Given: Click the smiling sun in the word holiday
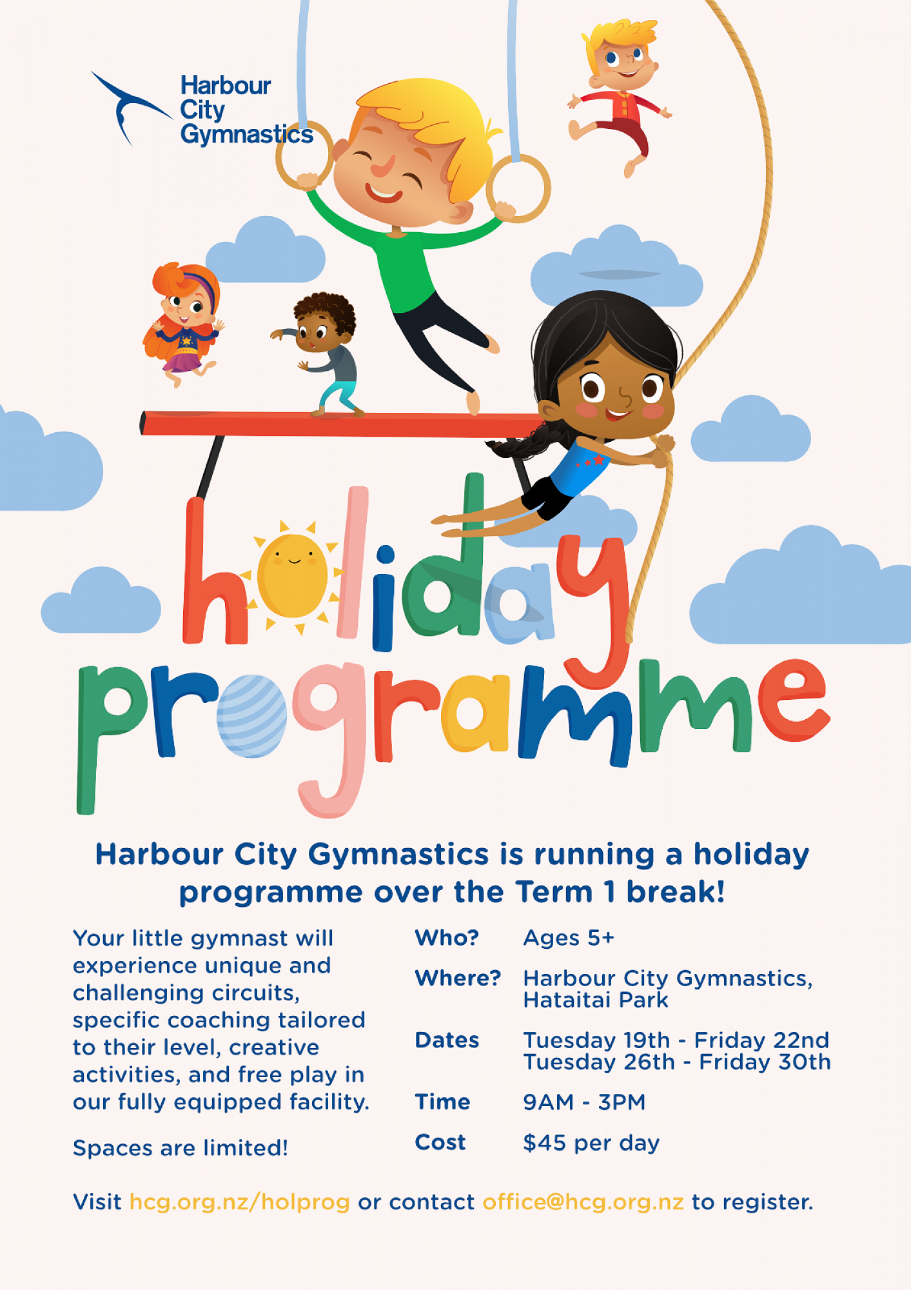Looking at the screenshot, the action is pos(293,575).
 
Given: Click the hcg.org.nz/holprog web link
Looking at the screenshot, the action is pos(240,1202).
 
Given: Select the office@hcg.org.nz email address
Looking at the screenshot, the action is pos(583,1202).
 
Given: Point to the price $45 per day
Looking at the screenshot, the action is pos(591,1143).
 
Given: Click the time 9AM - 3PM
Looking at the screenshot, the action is pos(584,1102).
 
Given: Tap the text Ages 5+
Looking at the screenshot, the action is pos(569,938).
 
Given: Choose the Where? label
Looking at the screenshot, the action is pos(458,978).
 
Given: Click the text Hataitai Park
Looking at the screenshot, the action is pos(596,1000).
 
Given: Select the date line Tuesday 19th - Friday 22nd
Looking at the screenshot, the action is pos(676,1040).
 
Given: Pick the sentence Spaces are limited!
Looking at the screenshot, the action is pos(181,1148).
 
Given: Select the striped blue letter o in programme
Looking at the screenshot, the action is pos(251,716).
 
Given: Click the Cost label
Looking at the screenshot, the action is pos(440,1142).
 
